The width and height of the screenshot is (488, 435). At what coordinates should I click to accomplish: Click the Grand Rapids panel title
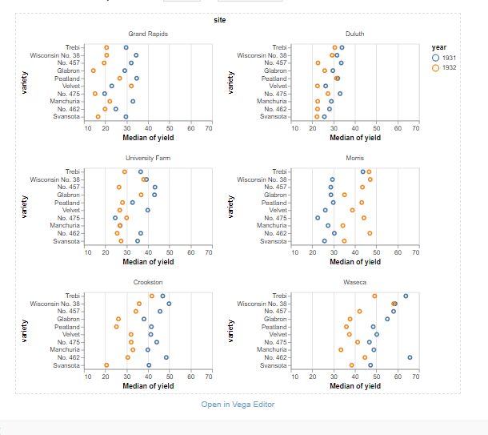tap(148, 34)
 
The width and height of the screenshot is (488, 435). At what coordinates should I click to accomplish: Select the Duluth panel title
tap(354, 34)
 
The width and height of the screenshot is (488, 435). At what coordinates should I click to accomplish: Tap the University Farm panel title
tap(148, 158)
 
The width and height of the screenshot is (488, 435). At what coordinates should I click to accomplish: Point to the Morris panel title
tap(354, 158)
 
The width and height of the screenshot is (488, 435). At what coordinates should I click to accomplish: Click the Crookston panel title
tap(148, 283)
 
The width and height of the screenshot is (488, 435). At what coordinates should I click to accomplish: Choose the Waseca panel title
tap(354, 283)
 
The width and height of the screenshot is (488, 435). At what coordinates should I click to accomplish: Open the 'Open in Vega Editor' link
tap(238, 405)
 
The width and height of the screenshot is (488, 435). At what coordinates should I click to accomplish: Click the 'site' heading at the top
tap(219, 19)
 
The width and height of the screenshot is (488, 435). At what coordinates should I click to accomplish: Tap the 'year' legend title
tap(439, 47)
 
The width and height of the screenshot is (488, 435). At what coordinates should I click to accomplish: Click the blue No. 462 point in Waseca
tap(410, 358)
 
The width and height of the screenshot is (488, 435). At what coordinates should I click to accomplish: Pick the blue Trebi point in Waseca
tap(406, 296)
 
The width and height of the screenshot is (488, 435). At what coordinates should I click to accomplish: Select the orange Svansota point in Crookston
tap(106, 365)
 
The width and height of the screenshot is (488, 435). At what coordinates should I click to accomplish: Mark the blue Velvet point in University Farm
tap(148, 210)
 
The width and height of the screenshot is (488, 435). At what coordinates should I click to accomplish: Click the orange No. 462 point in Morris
tap(370, 233)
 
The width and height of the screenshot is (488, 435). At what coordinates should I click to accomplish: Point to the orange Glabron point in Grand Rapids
tap(94, 71)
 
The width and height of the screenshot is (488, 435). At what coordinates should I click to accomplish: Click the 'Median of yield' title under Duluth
tap(355, 137)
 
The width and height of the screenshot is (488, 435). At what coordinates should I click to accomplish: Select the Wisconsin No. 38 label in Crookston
tap(55, 304)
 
